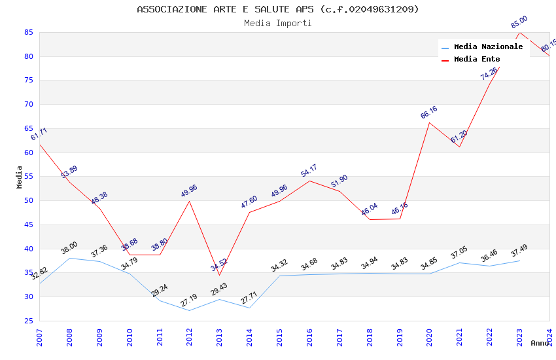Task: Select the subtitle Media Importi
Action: point(278,23)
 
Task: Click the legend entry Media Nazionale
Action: point(488,46)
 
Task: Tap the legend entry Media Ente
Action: point(477,59)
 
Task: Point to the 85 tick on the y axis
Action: point(28,32)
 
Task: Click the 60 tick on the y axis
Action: point(28,153)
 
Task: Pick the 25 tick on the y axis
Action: point(28,321)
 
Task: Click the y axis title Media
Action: point(20,177)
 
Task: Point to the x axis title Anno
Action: point(540,343)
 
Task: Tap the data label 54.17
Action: point(309,171)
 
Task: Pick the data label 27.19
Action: point(188,301)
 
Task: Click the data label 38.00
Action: point(69,247)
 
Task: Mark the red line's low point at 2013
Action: point(219,275)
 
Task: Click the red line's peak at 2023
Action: point(519,32)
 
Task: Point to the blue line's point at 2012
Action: point(190,310)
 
